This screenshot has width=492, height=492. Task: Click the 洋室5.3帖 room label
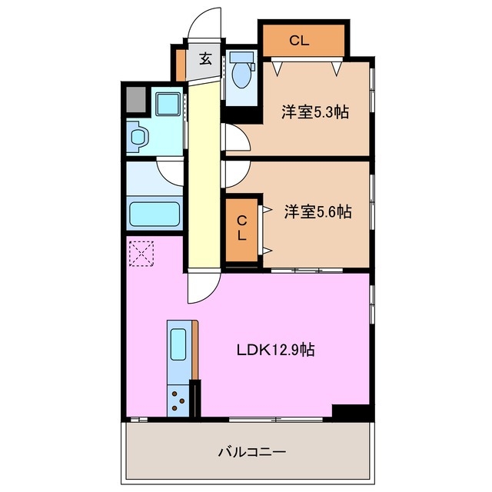coord(315,112)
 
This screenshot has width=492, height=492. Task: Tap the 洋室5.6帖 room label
coord(317,211)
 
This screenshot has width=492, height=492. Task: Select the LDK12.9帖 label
coord(274,350)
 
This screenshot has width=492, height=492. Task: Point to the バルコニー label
coord(252,452)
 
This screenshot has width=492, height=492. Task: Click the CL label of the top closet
coord(299,42)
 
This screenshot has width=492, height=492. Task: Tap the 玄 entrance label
coord(206,58)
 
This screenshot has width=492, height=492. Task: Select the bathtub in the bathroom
coord(155,214)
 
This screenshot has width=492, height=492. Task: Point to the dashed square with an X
coord(142,254)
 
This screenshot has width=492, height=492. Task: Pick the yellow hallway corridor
coord(204,177)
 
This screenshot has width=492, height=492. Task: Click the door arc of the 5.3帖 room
coord(235,138)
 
